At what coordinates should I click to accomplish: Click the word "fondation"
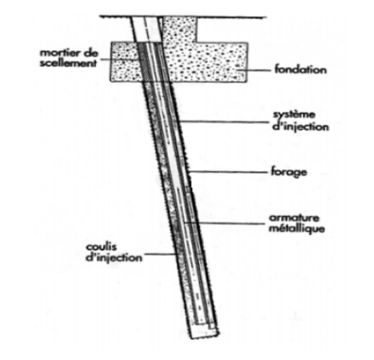[300, 70]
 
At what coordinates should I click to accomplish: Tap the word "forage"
[289, 173]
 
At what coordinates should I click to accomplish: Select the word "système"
[294, 115]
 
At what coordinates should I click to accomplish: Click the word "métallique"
[297, 229]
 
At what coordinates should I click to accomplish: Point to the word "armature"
[294, 218]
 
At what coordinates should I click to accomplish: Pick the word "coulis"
[102, 246]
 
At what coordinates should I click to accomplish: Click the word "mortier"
[59, 53]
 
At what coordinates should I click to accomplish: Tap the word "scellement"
[68, 63]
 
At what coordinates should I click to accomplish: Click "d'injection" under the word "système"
[301, 127]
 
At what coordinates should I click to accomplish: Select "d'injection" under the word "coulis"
[114, 258]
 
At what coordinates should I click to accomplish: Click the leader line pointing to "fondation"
[253, 70]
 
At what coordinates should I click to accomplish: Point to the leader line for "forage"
[228, 172]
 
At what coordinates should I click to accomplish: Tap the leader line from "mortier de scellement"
[120, 59]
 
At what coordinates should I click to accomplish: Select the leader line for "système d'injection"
[224, 122]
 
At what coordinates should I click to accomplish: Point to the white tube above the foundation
[146, 29]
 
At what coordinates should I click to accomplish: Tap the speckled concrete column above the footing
[180, 30]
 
